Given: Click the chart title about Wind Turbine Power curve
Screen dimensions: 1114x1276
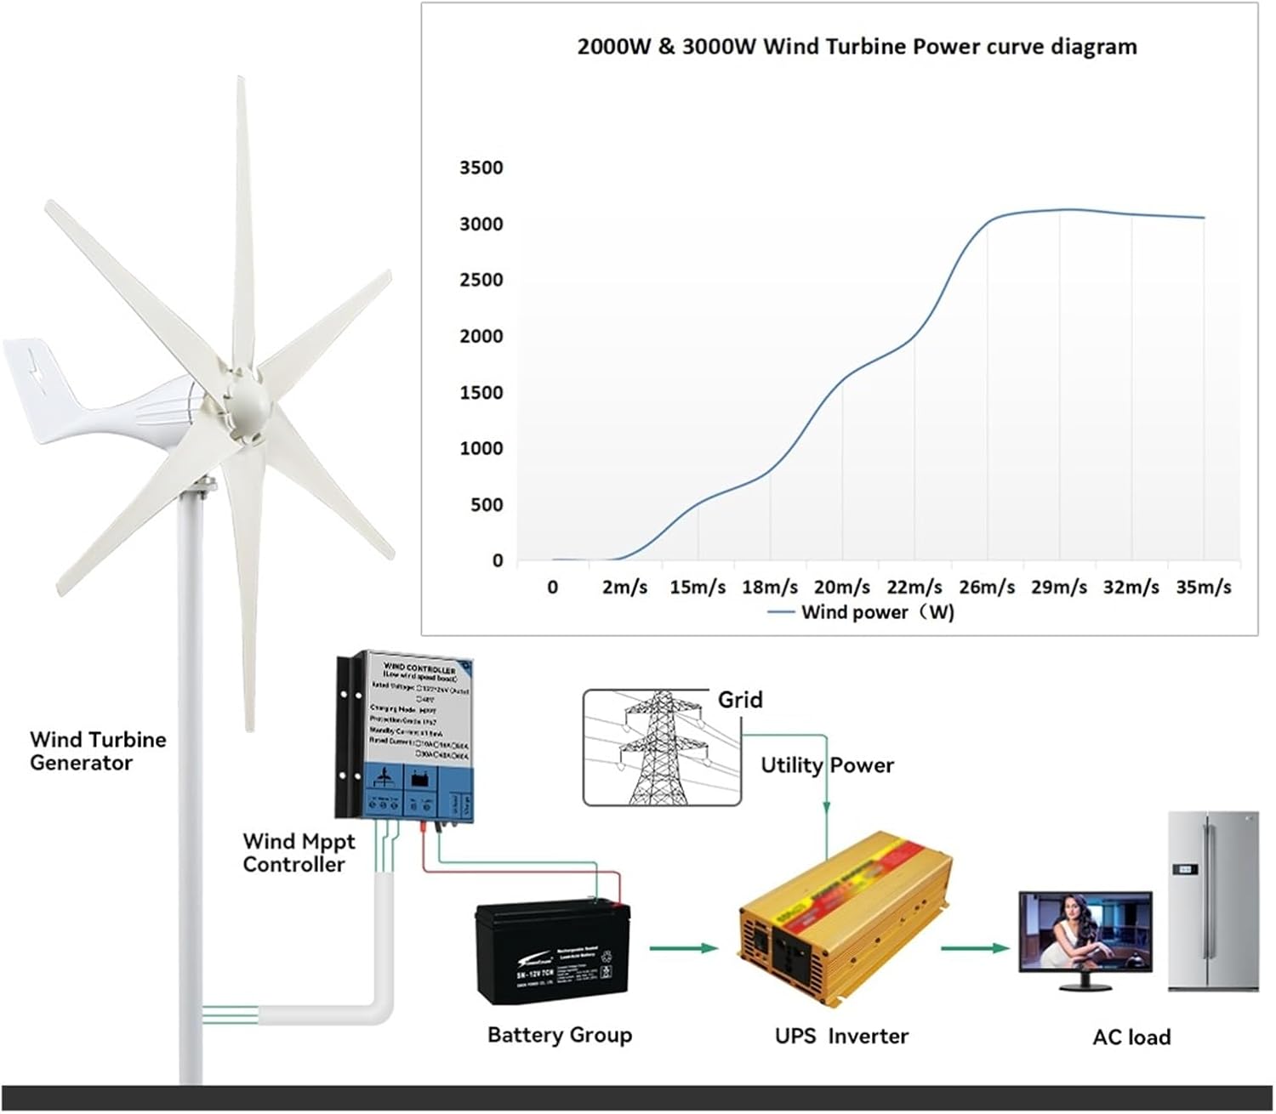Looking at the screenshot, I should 857,47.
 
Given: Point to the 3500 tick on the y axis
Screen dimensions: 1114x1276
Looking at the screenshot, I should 481,168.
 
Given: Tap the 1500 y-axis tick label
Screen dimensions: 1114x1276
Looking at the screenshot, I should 481,393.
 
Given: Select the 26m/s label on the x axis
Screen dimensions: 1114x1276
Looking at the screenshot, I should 987,588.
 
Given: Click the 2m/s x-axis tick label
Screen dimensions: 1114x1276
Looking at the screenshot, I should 624,588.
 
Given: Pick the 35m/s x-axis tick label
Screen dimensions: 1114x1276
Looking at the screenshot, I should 1204,588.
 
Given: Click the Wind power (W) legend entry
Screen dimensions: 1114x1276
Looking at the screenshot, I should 861,612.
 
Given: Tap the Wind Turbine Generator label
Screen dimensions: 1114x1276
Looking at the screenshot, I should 98,751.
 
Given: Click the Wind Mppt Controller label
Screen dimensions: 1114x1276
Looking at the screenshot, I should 299,853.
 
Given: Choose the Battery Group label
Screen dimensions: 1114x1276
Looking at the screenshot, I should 560,1035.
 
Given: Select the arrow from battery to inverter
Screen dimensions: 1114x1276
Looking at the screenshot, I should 683,947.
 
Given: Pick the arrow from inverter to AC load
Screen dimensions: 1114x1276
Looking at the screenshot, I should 974,947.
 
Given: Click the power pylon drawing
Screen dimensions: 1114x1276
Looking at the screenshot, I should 662,747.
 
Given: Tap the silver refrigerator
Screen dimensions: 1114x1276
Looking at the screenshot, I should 1212,901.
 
